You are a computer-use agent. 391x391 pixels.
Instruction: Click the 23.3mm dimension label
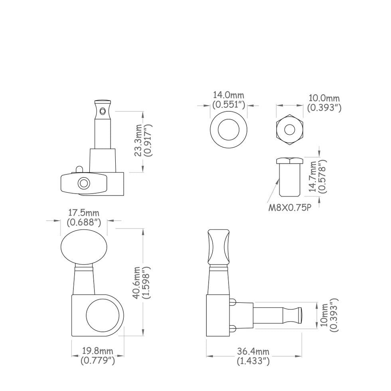tap(138, 140)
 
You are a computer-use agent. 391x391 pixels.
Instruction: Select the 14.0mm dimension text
tap(228, 95)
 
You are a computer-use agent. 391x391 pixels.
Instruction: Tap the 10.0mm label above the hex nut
tap(324, 98)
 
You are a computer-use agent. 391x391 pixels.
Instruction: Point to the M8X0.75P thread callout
tap(290, 208)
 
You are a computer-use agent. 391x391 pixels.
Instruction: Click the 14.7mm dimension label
tap(312, 176)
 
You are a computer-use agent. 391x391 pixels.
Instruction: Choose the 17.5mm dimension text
tap(84, 213)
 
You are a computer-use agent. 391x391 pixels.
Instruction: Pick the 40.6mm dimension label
tap(137, 282)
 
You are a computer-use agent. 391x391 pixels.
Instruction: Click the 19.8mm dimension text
tap(98, 351)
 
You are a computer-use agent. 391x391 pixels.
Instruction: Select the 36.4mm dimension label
tap(253, 352)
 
